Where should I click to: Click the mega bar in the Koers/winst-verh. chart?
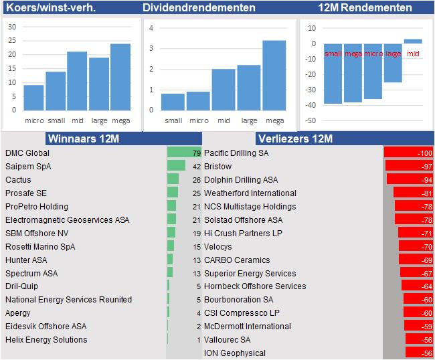[120, 77]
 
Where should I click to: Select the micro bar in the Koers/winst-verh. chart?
[34, 98]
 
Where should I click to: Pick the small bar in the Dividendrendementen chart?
[173, 102]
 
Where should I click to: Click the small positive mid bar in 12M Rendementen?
[413, 41]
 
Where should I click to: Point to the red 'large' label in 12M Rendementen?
[394, 54]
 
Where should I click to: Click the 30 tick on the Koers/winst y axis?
[12, 27]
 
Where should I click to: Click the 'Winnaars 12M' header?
[83, 139]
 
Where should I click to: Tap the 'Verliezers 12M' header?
[294, 139]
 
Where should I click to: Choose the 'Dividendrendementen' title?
[199, 8]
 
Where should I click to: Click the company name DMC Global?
[27, 153]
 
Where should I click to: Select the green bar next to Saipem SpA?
[177, 166]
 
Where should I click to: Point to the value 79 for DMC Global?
[196, 153]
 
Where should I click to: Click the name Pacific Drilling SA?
[236, 153]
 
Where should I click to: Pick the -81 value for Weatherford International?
[425, 193]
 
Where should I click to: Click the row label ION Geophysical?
[234, 353]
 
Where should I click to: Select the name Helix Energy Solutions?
[46, 340]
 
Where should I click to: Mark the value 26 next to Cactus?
[196, 180]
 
